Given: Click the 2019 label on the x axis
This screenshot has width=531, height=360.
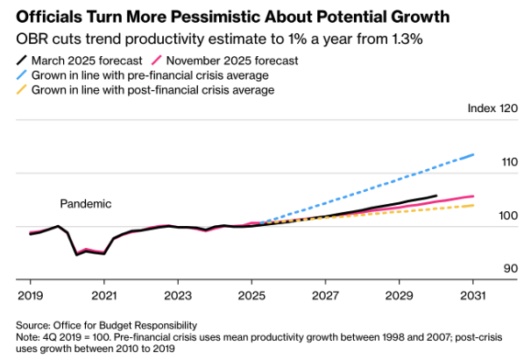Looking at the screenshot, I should [x=31, y=295].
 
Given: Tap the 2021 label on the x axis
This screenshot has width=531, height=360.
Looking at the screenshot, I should [x=104, y=295].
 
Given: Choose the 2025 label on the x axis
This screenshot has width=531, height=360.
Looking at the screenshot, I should [x=251, y=295].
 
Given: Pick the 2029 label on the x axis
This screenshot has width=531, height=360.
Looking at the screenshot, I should [x=400, y=295].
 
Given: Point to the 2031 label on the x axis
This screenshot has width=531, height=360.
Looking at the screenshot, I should [x=473, y=295].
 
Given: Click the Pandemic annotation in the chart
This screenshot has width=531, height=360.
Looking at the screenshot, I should [x=86, y=203].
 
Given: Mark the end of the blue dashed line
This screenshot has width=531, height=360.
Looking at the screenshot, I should [x=474, y=155].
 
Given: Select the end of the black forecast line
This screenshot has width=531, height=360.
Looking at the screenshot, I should [x=436, y=196].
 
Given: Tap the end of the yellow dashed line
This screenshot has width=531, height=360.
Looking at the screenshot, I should [x=474, y=205].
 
